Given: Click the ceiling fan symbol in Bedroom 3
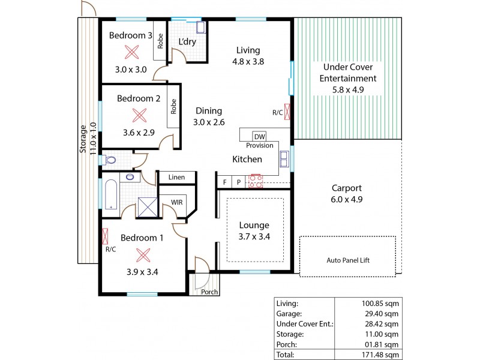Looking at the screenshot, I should pyautogui.click(x=130, y=52).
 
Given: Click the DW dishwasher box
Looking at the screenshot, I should pyautogui.click(x=259, y=136).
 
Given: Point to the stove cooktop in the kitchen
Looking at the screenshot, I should pyautogui.click(x=256, y=179).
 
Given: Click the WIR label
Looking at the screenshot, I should pyautogui.click(x=176, y=203).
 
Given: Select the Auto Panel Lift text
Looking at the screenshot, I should pyautogui.click(x=347, y=261).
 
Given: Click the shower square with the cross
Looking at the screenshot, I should pyautogui.click(x=147, y=207).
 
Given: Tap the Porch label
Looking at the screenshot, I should pyautogui.click(x=209, y=292).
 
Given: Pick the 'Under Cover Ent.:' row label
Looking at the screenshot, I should pyautogui.click(x=304, y=324).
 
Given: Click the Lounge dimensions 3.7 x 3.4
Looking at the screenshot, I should pyautogui.click(x=254, y=236).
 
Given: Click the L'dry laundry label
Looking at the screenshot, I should pyautogui.click(x=188, y=42).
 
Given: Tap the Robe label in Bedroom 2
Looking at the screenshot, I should pyautogui.click(x=173, y=106).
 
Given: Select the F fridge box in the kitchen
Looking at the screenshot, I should pyautogui.click(x=225, y=182).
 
